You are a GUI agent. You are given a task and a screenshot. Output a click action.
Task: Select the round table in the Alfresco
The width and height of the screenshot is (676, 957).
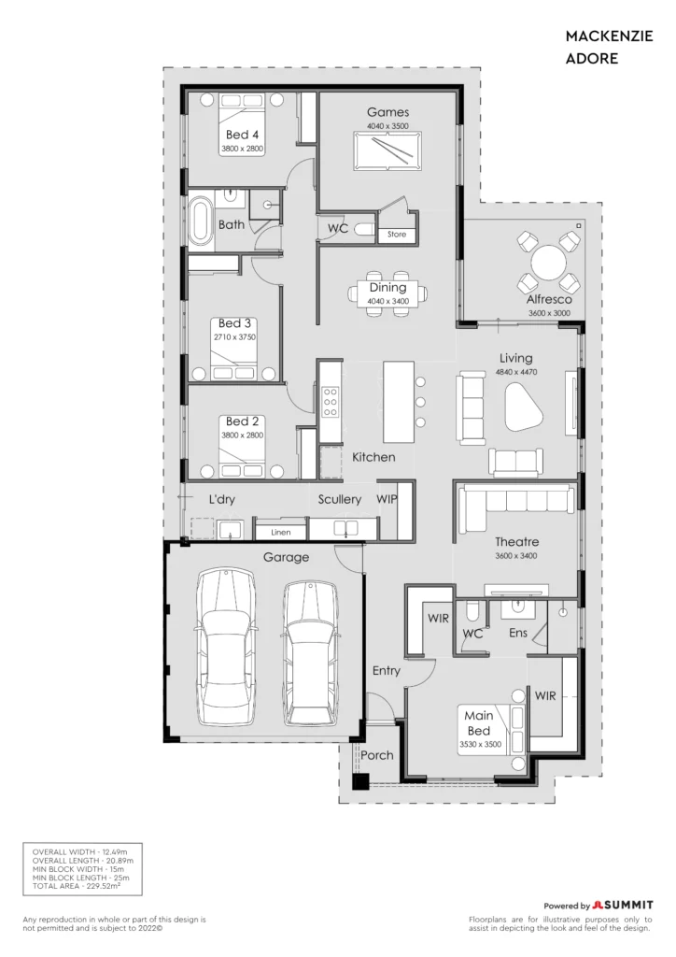click(549, 263)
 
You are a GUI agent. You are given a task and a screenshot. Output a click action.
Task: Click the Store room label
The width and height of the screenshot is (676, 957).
click(396, 234)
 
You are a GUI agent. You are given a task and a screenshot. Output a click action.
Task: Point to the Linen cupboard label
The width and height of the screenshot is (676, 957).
click(280, 532)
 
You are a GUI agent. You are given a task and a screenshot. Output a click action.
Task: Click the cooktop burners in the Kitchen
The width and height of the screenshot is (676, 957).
click(331, 402)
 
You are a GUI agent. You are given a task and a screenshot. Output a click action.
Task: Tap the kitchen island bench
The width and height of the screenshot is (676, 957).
click(399, 401)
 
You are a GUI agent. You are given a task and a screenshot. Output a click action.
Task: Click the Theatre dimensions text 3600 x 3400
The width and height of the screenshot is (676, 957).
click(515, 555)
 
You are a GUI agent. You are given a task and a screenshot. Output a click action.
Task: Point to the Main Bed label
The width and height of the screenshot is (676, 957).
click(478, 722)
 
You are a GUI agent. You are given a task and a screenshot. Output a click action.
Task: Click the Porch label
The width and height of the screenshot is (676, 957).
click(376, 755)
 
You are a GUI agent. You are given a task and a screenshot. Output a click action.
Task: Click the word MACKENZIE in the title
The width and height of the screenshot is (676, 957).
click(609, 36)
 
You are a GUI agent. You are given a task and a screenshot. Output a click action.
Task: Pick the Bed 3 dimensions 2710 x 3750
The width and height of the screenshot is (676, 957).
click(234, 336)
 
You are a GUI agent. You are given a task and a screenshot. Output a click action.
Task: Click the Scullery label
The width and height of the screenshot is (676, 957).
click(340, 499)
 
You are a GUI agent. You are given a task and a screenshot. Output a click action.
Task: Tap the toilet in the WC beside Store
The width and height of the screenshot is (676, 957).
click(364, 230)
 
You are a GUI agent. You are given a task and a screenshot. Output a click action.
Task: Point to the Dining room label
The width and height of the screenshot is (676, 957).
click(387, 288)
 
